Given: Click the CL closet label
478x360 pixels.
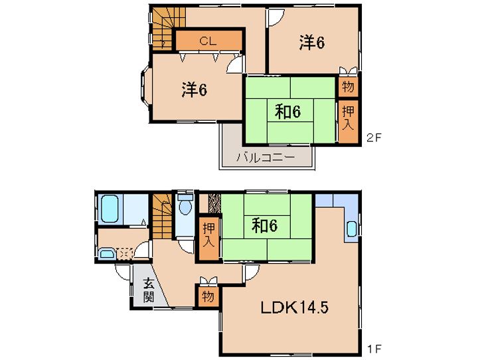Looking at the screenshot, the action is click(x=208, y=41).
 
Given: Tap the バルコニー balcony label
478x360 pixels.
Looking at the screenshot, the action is click(x=266, y=157).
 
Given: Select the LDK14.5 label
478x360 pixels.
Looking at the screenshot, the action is click(x=294, y=308).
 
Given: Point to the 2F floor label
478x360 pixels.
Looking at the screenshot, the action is click(x=374, y=138).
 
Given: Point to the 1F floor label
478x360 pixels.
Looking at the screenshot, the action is click(x=374, y=349).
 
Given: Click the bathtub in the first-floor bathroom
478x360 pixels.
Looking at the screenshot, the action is click(x=110, y=209).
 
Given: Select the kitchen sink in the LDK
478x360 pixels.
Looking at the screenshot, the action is click(x=352, y=228).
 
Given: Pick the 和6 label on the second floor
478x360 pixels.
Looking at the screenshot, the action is click(x=287, y=112).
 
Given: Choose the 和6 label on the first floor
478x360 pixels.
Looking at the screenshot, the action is click(x=265, y=226).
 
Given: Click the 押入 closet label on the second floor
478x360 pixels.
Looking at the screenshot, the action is click(x=348, y=118).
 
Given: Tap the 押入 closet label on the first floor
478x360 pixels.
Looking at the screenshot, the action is click(x=209, y=234).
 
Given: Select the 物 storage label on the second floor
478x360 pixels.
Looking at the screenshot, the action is click(x=348, y=87).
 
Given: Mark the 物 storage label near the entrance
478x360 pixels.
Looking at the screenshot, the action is click(x=208, y=296).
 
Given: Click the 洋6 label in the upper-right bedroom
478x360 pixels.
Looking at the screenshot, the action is click(x=312, y=43).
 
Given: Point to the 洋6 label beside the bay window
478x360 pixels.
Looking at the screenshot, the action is click(x=195, y=90).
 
